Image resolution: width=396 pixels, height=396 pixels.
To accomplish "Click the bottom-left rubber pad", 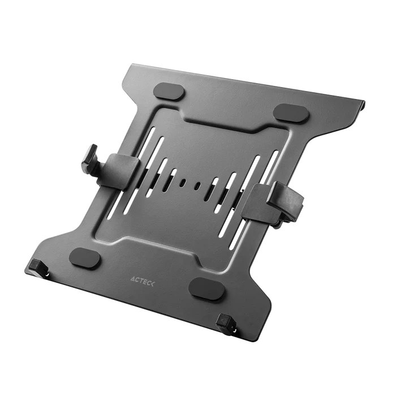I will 85,258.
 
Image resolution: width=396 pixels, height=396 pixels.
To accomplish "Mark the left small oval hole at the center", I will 182,183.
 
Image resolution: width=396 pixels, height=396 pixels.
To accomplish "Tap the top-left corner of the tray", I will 128,66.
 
